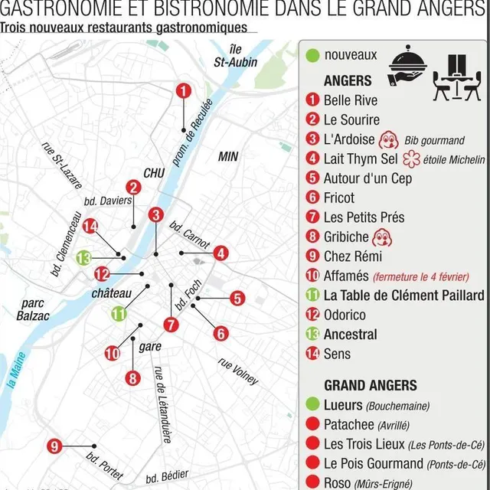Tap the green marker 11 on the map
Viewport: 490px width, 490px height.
(119, 313)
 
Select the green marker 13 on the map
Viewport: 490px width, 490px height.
(83, 259)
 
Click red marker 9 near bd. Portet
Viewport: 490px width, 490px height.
(54, 446)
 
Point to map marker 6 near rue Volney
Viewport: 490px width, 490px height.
(220, 334)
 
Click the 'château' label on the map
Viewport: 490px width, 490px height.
(112, 293)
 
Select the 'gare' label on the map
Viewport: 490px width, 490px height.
(150, 347)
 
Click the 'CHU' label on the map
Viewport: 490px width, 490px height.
(154, 174)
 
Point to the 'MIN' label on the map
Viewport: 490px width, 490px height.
(228, 157)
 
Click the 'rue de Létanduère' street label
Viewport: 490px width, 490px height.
(162, 404)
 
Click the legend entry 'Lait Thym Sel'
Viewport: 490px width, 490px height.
(361, 159)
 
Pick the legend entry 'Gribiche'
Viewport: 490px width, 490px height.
(346, 237)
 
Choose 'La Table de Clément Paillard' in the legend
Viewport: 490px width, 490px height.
(403, 296)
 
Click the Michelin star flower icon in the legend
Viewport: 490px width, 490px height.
(412, 159)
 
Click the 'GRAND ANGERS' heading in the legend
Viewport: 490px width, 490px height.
(370, 385)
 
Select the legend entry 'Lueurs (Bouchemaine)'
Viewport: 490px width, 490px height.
(376, 405)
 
